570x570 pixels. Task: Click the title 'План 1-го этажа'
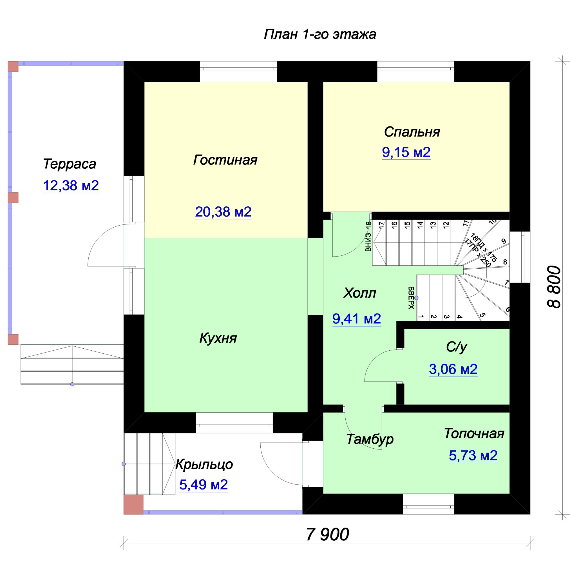tap(320, 34)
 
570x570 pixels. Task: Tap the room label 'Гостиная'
tap(225, 160)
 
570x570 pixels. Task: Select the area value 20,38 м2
tap(223, 212)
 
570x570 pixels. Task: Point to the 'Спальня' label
tap(412, 132)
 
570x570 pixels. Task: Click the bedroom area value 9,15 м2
tap(406, 152)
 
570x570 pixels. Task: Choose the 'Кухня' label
tap(218, 338)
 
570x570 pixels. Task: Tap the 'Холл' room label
tap(360, 293)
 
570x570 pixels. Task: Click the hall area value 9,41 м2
tap(357, 319)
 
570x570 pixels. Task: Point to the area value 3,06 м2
tap(453, 369)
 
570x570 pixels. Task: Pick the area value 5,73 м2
tap(473, 455)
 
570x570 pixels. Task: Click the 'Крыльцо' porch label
tap(204, 465)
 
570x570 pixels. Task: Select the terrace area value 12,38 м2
tap(71, 186)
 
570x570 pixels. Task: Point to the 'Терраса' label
tap(70, 164)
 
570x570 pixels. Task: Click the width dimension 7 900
tap(327, 535)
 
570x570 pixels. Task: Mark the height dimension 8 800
tap(554, 287)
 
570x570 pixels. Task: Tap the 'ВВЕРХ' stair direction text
tap(411, 298)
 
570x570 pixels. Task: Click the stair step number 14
tap(420, 225)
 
